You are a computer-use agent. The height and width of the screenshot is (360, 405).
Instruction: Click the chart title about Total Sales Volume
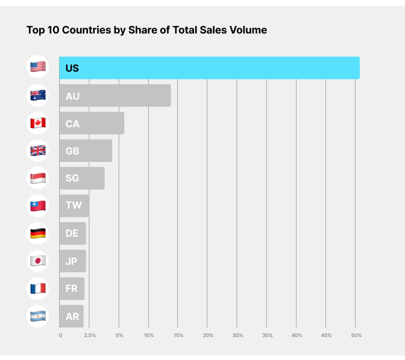pyautogui.click(x=146, y=29)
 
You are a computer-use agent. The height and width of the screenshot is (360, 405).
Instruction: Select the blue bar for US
pyautogui.click(x=209, y=68)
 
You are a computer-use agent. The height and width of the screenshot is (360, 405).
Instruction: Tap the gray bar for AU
pyautogui.click(x=115, y=96)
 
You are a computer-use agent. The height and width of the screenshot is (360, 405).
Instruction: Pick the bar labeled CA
pyautogui.click(x=92, y=123)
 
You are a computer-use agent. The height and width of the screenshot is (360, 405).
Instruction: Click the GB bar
pyautogui.click(x=86, y=151)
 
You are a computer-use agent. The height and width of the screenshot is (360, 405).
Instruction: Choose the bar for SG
pyautogui.click(x=82, y=178)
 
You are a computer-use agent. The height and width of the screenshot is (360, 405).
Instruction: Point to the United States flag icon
pyautogui.click(x=38, y=67)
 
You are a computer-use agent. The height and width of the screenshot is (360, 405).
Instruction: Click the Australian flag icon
pyautogui.click(x=38, y=95)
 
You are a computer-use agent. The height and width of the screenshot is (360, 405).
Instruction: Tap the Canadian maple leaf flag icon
pyautogui.click(x=38, y=123)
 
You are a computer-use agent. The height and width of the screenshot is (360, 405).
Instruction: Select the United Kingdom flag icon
pyautogui.click(x=38, y=151)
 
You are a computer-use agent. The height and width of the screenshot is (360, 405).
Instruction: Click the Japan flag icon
pyautogui.click(x=38, y=261)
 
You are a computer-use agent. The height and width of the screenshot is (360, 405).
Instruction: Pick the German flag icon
pyautogui.click(x=38, y=233)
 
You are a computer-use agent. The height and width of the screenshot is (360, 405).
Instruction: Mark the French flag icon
pyautogui.click(x=38, y=288)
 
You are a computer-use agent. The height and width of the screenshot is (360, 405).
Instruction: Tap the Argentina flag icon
pyautogui.click(x=38, y=315)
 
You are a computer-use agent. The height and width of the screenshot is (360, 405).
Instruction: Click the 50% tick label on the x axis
pyautogui.click(x=356, y=335)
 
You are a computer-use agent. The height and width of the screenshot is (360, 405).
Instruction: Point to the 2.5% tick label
pyautogui.click(x=90, y=335)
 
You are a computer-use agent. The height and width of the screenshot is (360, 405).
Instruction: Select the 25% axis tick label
pyautogui.click(x=208, y=335)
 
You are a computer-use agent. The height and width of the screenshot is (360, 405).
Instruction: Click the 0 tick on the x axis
pyautogui.click(x=60, y=335)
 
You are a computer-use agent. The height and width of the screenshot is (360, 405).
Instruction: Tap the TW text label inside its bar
pyautogui.click(x=74, y=205)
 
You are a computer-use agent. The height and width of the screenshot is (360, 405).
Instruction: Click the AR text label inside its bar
pyautogui.click(x=72, y=316)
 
